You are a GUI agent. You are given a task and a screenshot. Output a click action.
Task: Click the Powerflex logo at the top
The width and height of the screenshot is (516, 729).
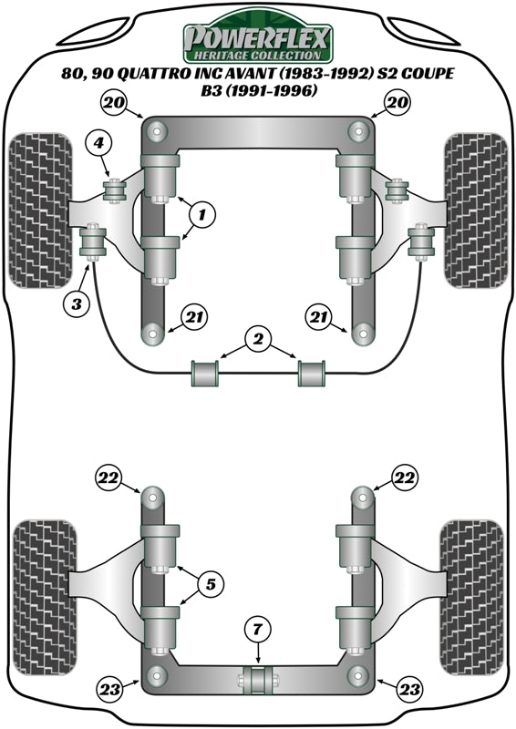click(258, 39)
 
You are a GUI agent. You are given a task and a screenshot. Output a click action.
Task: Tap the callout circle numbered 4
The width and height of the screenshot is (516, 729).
click(100, 142)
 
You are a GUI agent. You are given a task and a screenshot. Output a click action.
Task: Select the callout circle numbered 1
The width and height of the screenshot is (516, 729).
click(202, 215)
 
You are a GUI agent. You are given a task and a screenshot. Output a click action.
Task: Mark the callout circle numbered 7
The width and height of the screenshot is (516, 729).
click(258, 629)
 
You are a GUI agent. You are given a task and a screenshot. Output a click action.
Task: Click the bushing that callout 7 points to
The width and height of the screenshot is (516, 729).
click(258, 678)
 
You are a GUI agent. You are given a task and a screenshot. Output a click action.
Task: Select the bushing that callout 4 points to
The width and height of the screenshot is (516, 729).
click(117, 192)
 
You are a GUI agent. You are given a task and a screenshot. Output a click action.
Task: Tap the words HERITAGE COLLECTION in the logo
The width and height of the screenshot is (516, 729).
click(258, 55)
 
